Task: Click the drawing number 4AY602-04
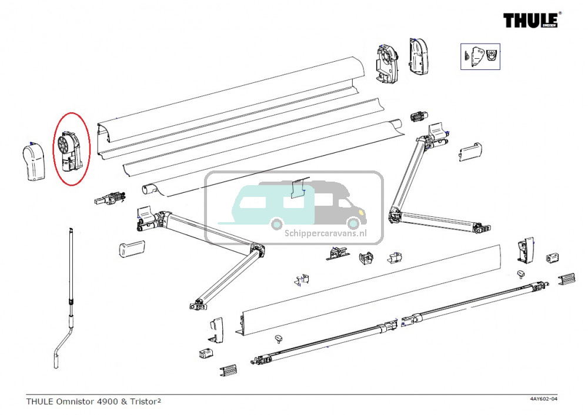pyautogui.click(x=543, y=400)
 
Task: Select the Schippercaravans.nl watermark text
pyautogui.click(x=325, y=232)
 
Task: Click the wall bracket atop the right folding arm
pyautogui.click(x=437, y=132)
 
